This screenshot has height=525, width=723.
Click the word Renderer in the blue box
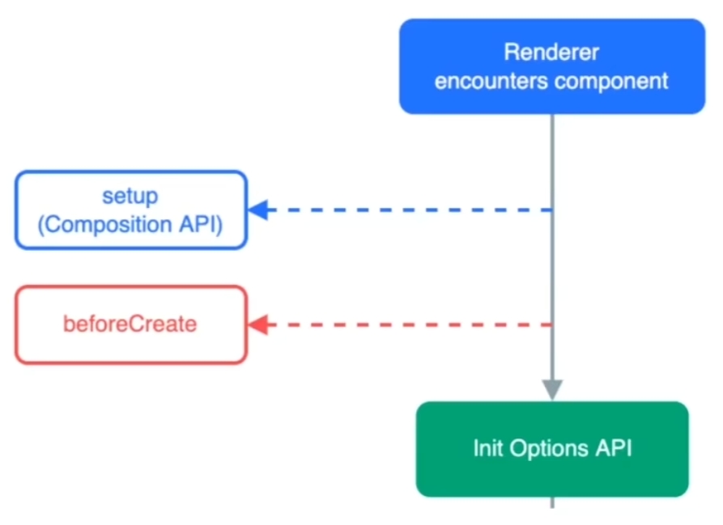[551, 53]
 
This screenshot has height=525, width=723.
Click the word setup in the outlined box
[130, 196]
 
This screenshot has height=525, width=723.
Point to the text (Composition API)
[130, 224]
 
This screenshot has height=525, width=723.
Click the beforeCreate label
[130, 324]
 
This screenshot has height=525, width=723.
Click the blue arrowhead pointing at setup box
[258, 210]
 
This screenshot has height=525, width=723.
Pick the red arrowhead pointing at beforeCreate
[258, 325]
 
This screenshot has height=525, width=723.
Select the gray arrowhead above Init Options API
[552, 389]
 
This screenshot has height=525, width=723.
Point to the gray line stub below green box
[552, 502]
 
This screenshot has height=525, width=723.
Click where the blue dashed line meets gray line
[552, 210]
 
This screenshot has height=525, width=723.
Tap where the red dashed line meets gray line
[552, 325]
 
